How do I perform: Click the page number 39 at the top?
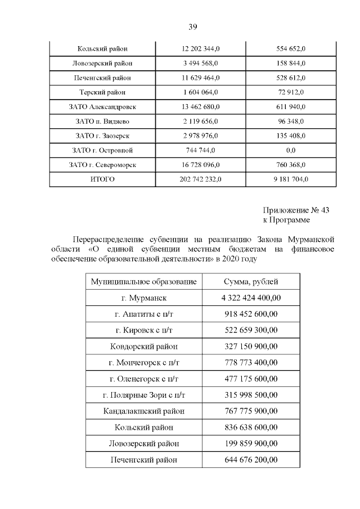pyautogui.click(x=192, y=26)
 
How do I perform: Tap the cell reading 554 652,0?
pyautogui.click(x=291, y=48)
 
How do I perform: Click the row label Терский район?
pyautogui.click(x=102, y=92)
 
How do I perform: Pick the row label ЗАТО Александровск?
pyautogui.click(x=102, y=107)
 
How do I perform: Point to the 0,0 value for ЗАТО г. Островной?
pyautogui.click(x=291, y=151)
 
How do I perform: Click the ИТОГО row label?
pyautogui.click(x=102, y=180)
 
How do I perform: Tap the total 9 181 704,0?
pyautogui.click(x=291, y=180)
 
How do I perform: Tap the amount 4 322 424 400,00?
pyautogui.click(x=251, y=298)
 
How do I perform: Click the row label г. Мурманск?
pyautogui.click(x=144, y=298)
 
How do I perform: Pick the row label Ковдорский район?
pyautogui.click(x=144, y=346)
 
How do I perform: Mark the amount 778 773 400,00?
pyautogui.click(x=251, y=363)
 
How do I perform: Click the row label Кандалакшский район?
pyautogui.click(x=144, y=411)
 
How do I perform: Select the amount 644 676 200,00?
pyautogui.click(x=251, y=460)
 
